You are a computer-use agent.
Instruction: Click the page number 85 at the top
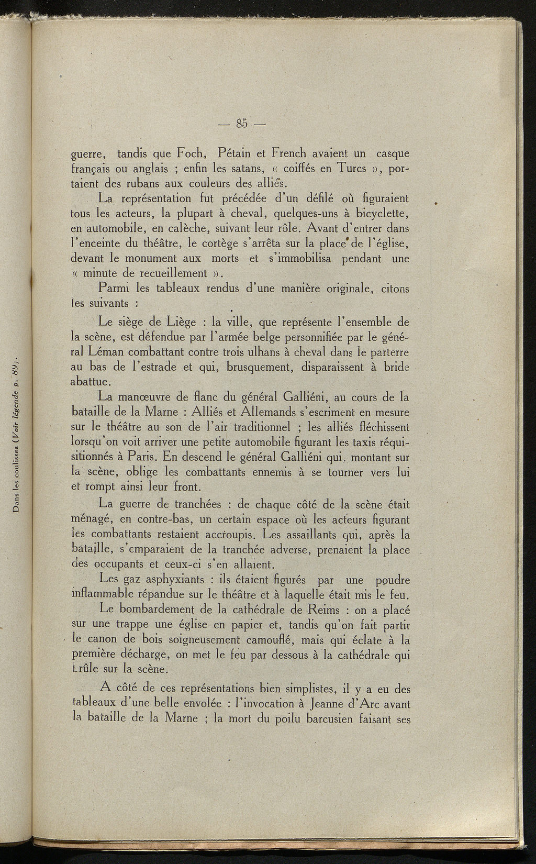click(241, 124)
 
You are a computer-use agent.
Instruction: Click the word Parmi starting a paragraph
click(114, 288)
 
